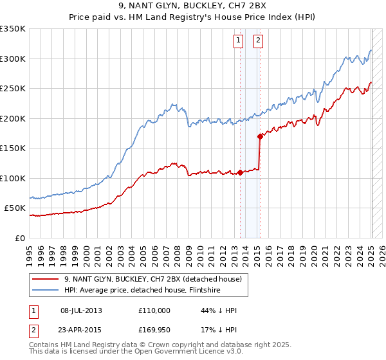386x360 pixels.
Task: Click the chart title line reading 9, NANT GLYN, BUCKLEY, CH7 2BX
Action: coord(192,6)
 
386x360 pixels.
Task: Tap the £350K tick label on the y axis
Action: coord(13,29)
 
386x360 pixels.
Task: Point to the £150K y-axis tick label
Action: coord(13,148)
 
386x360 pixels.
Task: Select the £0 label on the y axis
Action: coord(19,238)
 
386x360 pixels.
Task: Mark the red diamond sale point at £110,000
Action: coord(240,172)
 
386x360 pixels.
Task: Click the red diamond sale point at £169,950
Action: coord(260,136)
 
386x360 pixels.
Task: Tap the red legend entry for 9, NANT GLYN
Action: coord(152,279)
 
